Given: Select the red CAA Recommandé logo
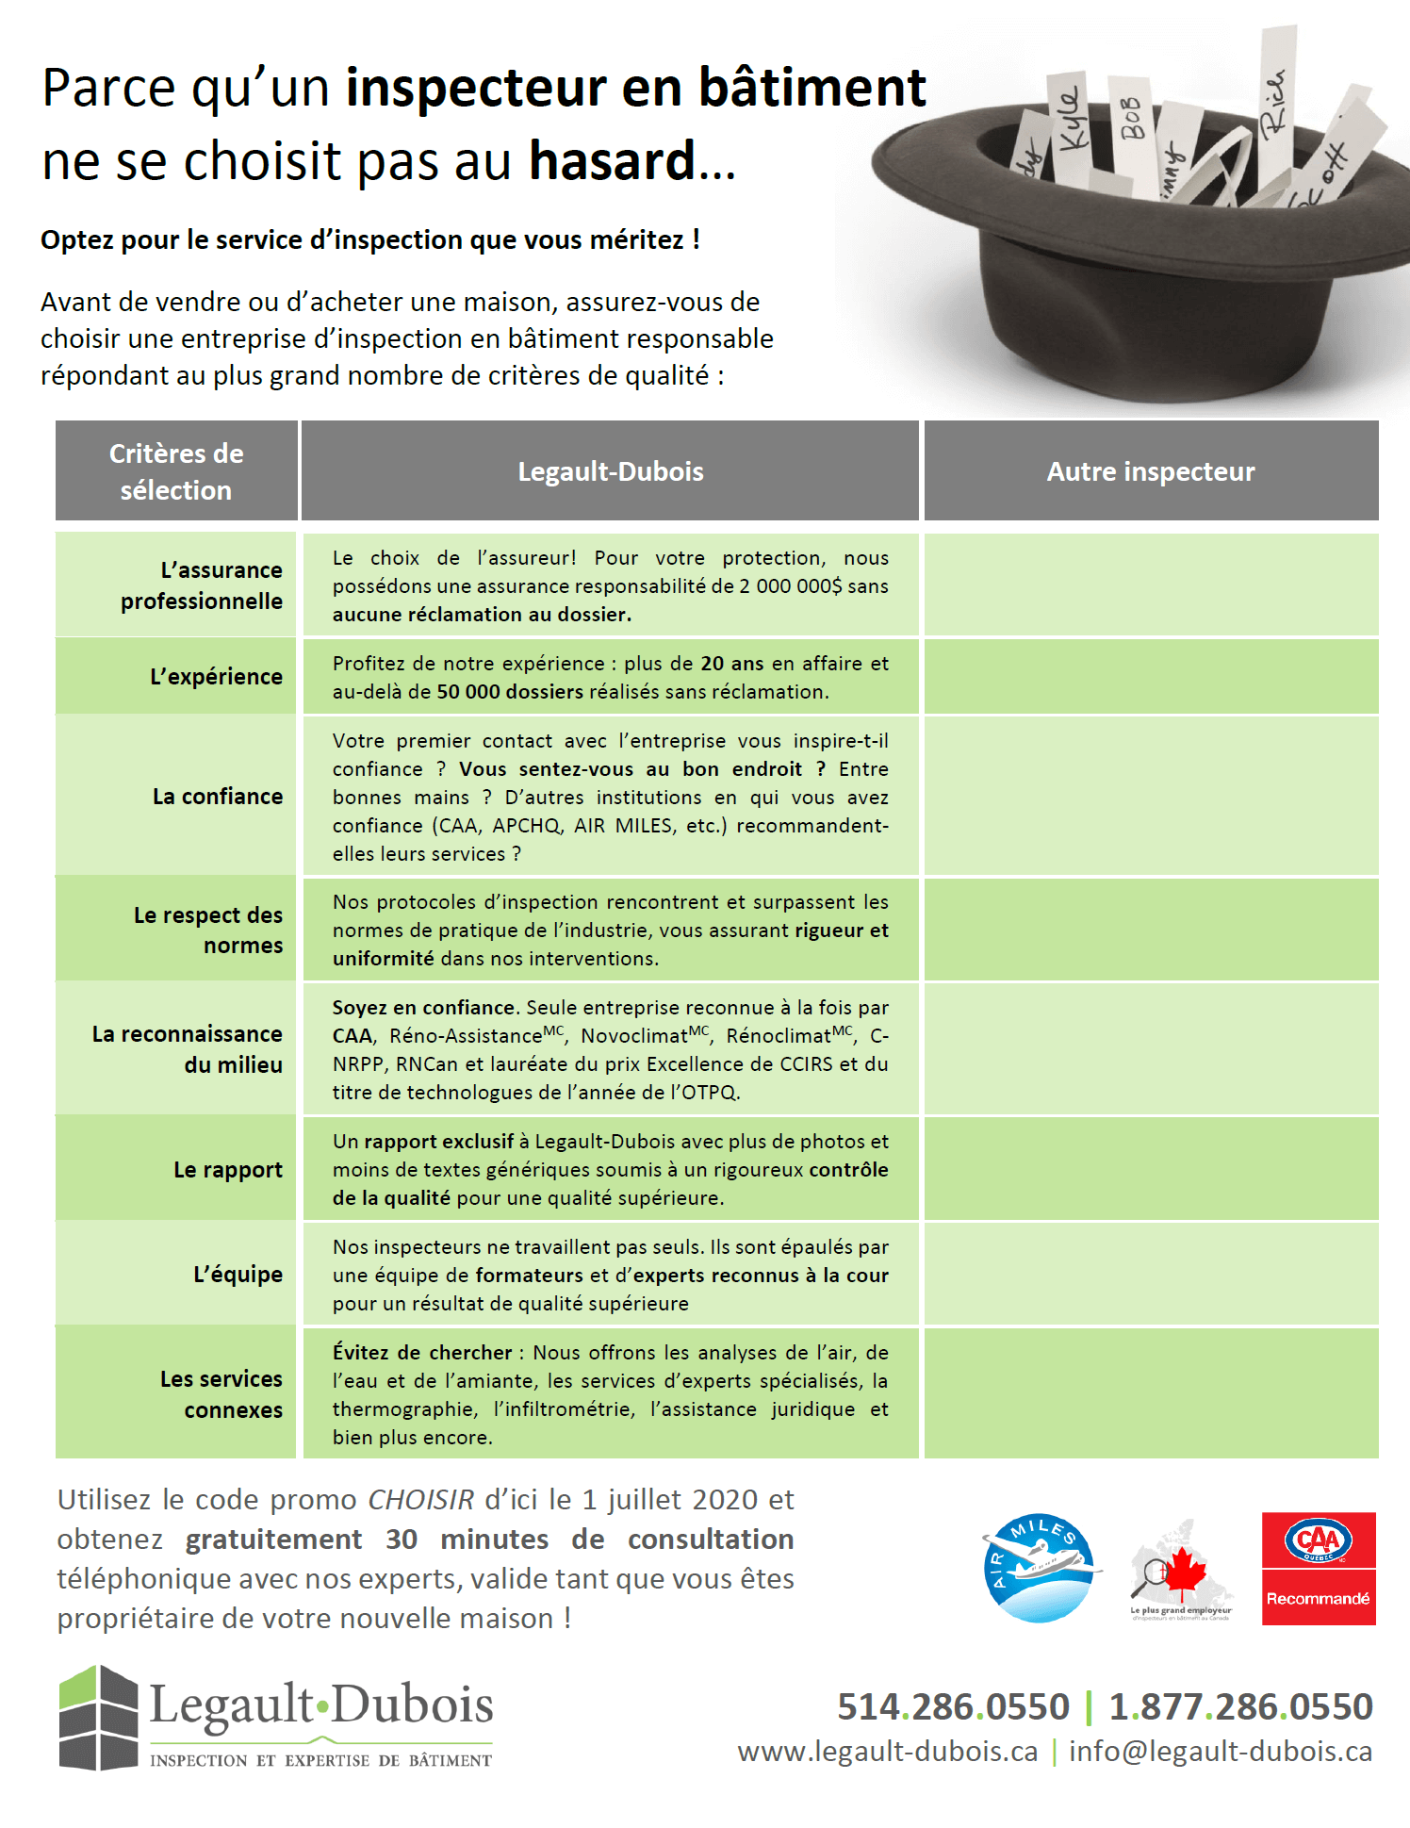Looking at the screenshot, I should (x=1318, y=1569).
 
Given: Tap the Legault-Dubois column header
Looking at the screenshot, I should (x=610, y=471).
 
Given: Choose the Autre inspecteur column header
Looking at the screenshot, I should (x=1150, y=471).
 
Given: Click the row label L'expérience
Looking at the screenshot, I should (x=216, y=677).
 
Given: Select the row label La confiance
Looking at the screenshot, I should (x=217, y=797).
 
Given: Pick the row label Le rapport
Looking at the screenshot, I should (x=227, y=1170).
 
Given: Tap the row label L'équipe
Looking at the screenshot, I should (x=238, y=1275).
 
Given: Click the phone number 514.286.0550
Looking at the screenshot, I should (x=953, y=1706).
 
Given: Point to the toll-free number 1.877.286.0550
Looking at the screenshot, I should (x=1240, y=1706).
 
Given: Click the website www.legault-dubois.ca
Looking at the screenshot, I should (x=887, y=1751).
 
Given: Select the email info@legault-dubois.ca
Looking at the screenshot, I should (x=1220, y=1751).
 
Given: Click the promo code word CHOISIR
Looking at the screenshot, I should (x=420, y=1500).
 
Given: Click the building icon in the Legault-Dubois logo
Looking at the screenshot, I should (x=98, y=1718).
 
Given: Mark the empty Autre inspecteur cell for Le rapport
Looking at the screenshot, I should (x=1150, y=1169).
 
